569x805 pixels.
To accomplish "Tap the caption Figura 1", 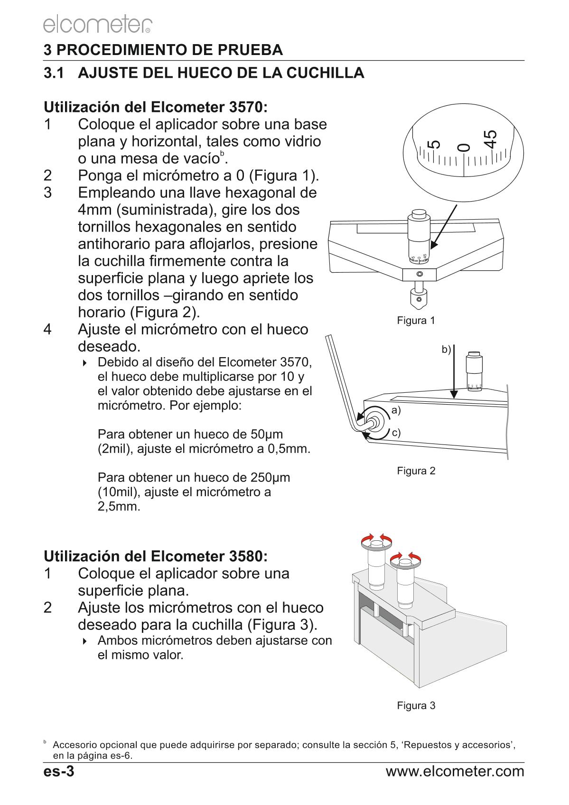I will coord(416,321).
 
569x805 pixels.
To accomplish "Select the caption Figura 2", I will coord(416,471).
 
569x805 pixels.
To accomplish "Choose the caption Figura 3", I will coord(416,705).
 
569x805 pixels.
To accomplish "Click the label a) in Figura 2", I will coord(396,410).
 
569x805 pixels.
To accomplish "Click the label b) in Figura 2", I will coord(446,350).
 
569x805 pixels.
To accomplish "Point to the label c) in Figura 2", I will coord(396,433).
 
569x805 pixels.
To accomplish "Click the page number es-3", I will coord(59,771).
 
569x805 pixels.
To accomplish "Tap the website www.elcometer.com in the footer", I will coord(455,771).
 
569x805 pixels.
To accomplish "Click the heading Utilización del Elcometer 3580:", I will coord(156,555).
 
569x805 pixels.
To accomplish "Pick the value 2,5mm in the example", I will coord(119,506).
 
